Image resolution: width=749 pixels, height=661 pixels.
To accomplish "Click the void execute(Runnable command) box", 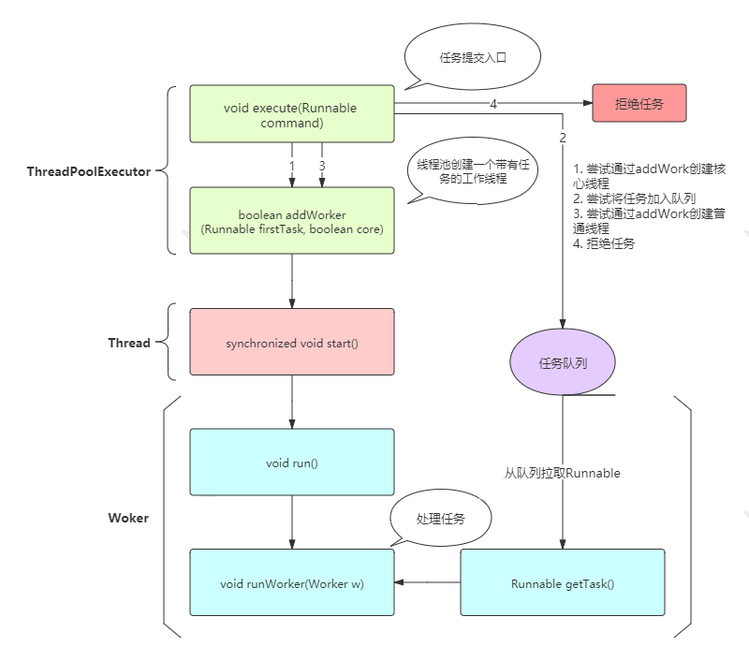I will point(291,114).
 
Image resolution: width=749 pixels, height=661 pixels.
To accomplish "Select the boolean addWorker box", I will point(291,220).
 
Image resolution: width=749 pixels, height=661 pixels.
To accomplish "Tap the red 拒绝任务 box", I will point(639,103).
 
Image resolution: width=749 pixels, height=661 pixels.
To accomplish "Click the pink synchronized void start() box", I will point(291,343).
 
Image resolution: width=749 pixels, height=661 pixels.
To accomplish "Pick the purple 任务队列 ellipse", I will point(562,363).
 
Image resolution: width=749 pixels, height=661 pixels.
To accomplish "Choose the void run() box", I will point(291,462).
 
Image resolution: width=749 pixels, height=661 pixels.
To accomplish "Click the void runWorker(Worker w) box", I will point(291,582).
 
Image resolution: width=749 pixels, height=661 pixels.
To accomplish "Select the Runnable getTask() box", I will point(562,582).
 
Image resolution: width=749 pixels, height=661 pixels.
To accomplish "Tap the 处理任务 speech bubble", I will point(440,519).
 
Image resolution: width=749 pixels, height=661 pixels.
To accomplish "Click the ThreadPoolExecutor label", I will point(89,171).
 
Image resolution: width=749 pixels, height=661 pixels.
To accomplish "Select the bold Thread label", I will point(129,343).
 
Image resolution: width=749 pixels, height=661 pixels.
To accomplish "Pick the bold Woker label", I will point(128,517).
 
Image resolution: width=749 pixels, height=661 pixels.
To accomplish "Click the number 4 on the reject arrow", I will point(493,104).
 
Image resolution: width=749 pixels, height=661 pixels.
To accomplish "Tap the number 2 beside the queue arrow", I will point(563,138).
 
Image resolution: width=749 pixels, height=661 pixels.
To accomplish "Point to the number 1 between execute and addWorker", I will point(291,166).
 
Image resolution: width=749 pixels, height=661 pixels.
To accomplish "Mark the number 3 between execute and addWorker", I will point(321,166).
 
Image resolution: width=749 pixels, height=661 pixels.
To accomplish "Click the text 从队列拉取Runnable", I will point(562,473).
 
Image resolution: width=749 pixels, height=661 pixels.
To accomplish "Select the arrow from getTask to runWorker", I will point(427,582).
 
